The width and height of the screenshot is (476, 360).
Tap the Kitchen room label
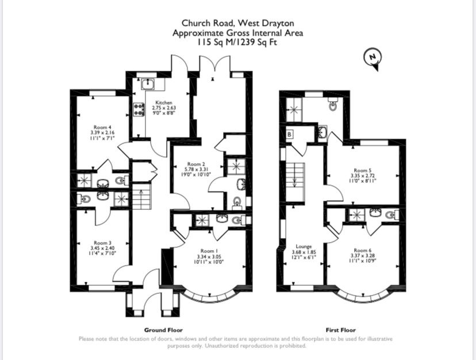point(164,103)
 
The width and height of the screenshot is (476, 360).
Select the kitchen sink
point(148,83)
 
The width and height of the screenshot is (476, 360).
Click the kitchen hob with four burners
point(139,109)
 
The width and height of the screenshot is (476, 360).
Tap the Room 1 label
point(209,251)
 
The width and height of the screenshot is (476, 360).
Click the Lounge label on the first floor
point(304,246)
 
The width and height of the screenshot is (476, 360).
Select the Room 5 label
point(363,170)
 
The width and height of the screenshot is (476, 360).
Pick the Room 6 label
point(363,250)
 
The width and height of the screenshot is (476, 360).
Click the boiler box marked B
point(290,134)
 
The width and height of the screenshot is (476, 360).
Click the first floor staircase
point(295,182)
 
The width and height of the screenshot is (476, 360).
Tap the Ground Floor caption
point(163,330)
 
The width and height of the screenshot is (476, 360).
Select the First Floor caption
point(340,330)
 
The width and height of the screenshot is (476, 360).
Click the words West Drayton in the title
point(266,23)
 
